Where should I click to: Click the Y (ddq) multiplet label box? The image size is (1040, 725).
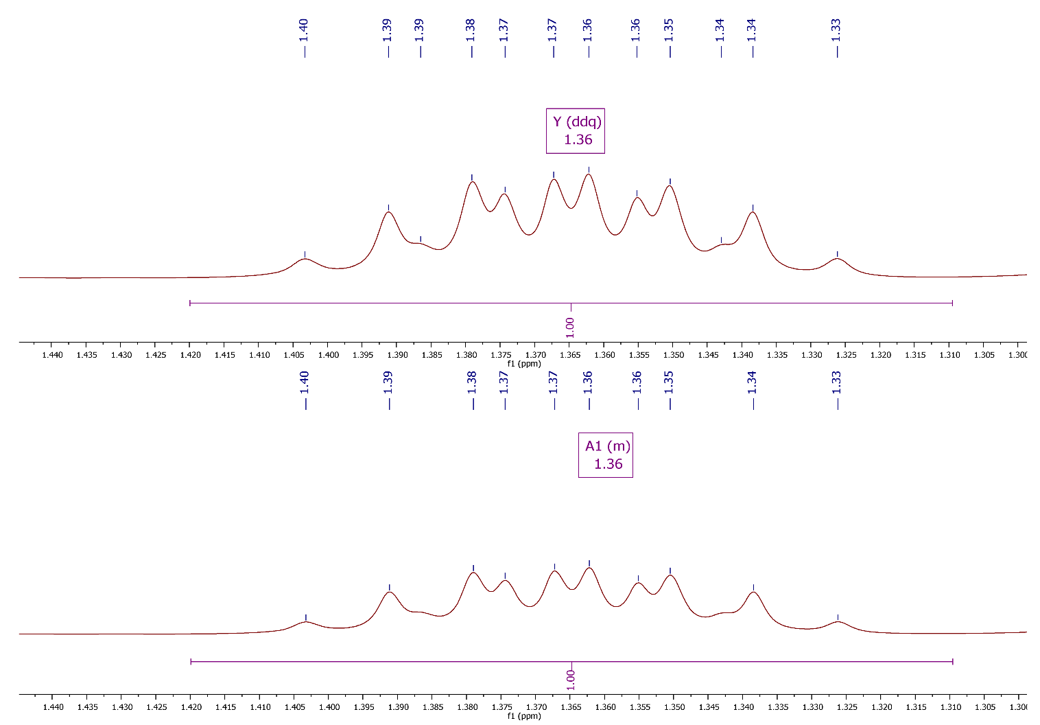pos(575,130)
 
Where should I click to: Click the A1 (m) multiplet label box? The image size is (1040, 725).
pos(605,454)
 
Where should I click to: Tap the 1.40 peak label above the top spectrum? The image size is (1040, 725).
pos(304,30)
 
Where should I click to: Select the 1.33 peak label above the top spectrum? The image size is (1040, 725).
pos(836,30)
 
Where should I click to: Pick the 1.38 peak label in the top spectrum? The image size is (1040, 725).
pos(471,30)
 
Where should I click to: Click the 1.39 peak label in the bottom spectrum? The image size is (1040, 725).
pos(388,382)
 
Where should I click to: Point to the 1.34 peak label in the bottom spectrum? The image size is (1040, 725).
pos(752,382)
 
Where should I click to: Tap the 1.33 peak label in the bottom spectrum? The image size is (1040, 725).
pos(837,382)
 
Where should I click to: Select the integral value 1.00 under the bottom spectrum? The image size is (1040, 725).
pos(570,680)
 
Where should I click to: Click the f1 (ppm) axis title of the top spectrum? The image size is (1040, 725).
pos(524,363)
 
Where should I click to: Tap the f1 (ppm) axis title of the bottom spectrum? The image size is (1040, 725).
pos(524,716)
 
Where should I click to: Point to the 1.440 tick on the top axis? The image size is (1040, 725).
pos(52,355)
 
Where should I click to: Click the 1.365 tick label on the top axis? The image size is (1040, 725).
pos(569,355)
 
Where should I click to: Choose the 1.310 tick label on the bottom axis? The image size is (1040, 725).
pos(950,707)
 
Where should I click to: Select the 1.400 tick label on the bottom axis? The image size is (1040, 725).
pos(329,707)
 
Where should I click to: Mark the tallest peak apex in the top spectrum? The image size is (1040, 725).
pos(588,174)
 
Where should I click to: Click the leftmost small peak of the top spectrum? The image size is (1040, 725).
pos(305,259)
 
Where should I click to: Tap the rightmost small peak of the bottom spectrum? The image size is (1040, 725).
pos(838,622)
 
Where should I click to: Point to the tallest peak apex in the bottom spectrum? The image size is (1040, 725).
pos(589,568)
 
